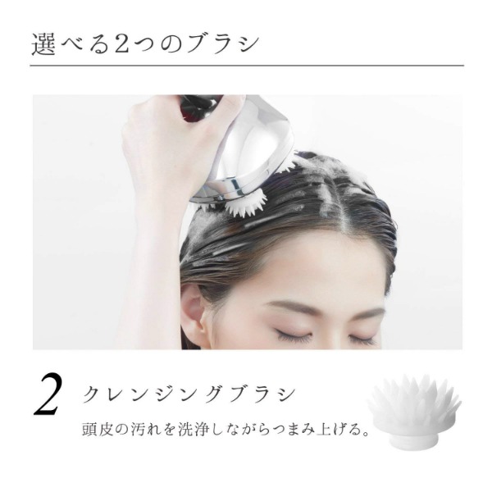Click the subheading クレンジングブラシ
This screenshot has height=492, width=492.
189,394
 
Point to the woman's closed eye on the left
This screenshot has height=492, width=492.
293,335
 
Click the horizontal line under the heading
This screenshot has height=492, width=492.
246,66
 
